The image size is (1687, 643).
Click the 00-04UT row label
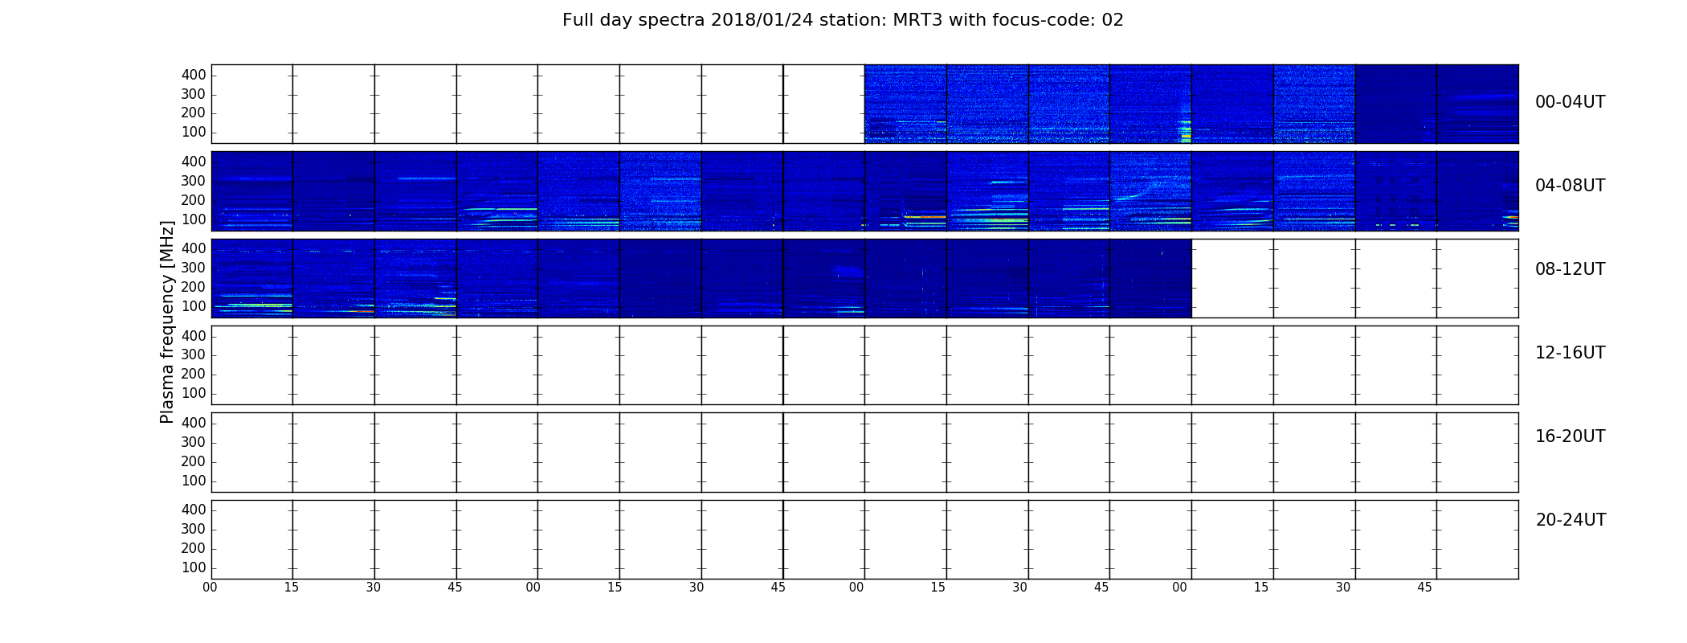click(x=1570, y=102)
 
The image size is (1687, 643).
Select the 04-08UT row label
click(x=1570, y=186)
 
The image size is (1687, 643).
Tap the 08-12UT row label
click(x=1570, y=269)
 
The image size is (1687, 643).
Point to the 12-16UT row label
click(x=1570, y=353)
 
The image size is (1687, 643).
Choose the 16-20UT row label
click(x=1570, y=436)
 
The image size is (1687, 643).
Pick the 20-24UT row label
click(x=1571, y=520)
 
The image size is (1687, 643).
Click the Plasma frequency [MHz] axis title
click(x=167, y=321)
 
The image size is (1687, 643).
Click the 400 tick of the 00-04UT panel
click(x=194, y=75)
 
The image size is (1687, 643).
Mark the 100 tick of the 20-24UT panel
click(x=194, y=567)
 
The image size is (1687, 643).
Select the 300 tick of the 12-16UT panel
click(x=194, y=354)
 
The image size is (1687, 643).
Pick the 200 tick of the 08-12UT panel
click(x=194, y=287)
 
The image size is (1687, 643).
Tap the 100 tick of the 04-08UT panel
click(x=194, y=219)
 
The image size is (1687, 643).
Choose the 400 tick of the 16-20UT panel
click(x=194, y=423)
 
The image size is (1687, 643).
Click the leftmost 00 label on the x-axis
click(x=210, y=588)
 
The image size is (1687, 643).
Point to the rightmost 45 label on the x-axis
click(x=1424, y=588)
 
